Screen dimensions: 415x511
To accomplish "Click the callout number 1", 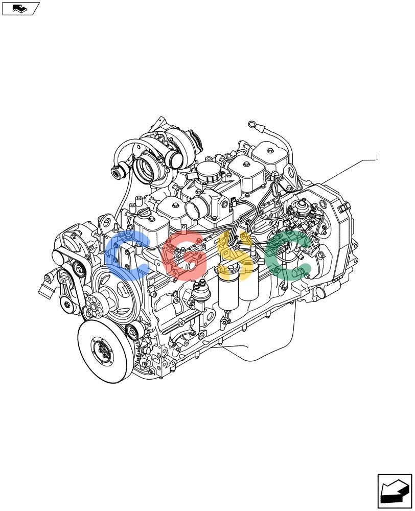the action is (x=377, y=158).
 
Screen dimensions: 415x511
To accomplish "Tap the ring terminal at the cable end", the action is (x=252, y=124).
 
